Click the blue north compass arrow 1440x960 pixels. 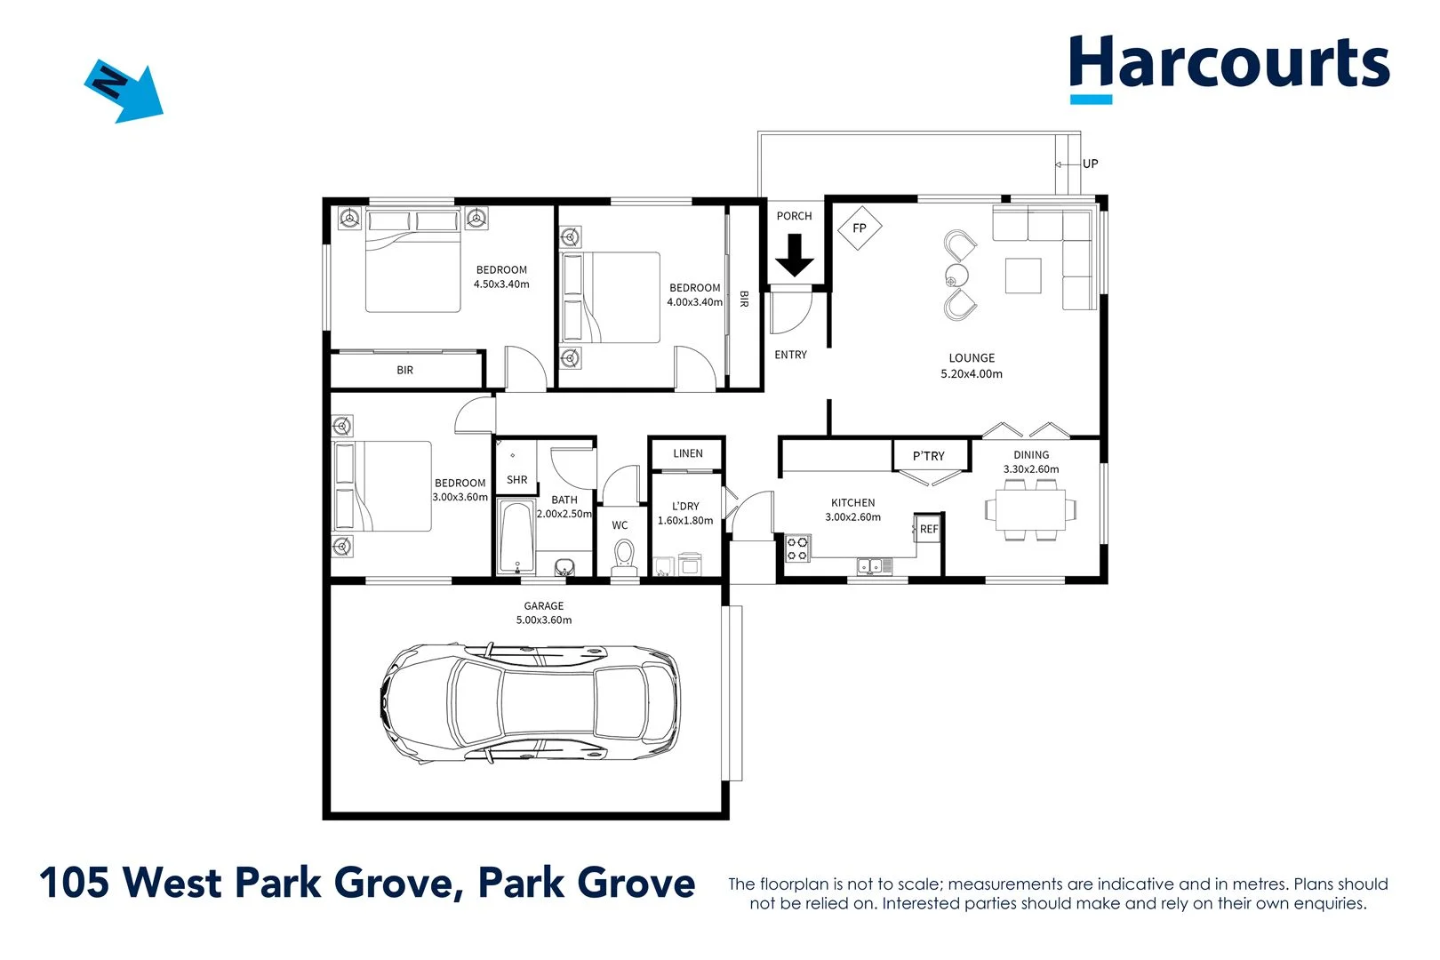[124, 91]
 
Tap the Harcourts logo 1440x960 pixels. [1228, 66]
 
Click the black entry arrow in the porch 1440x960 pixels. [794, 255]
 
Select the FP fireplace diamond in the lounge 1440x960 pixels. [859, 228]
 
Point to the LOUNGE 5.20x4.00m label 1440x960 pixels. [971, 366]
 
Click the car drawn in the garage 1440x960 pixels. [531, 702]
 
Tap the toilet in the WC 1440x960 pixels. [624, 556]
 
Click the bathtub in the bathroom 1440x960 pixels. [516, 538]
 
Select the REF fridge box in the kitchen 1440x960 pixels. [927, 528]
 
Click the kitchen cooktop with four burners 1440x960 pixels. [797, 548]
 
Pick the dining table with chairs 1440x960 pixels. [1030, 510]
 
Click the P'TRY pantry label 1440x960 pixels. [928, 456]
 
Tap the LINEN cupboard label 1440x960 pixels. [687, 453]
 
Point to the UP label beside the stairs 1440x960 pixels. [1090, 164]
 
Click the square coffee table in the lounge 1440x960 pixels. [1022, 276]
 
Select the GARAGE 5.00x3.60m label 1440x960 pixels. [543, 613]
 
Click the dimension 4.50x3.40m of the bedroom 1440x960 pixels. [501, 284]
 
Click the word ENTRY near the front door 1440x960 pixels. [790, 355]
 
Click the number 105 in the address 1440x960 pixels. [74, 883]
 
